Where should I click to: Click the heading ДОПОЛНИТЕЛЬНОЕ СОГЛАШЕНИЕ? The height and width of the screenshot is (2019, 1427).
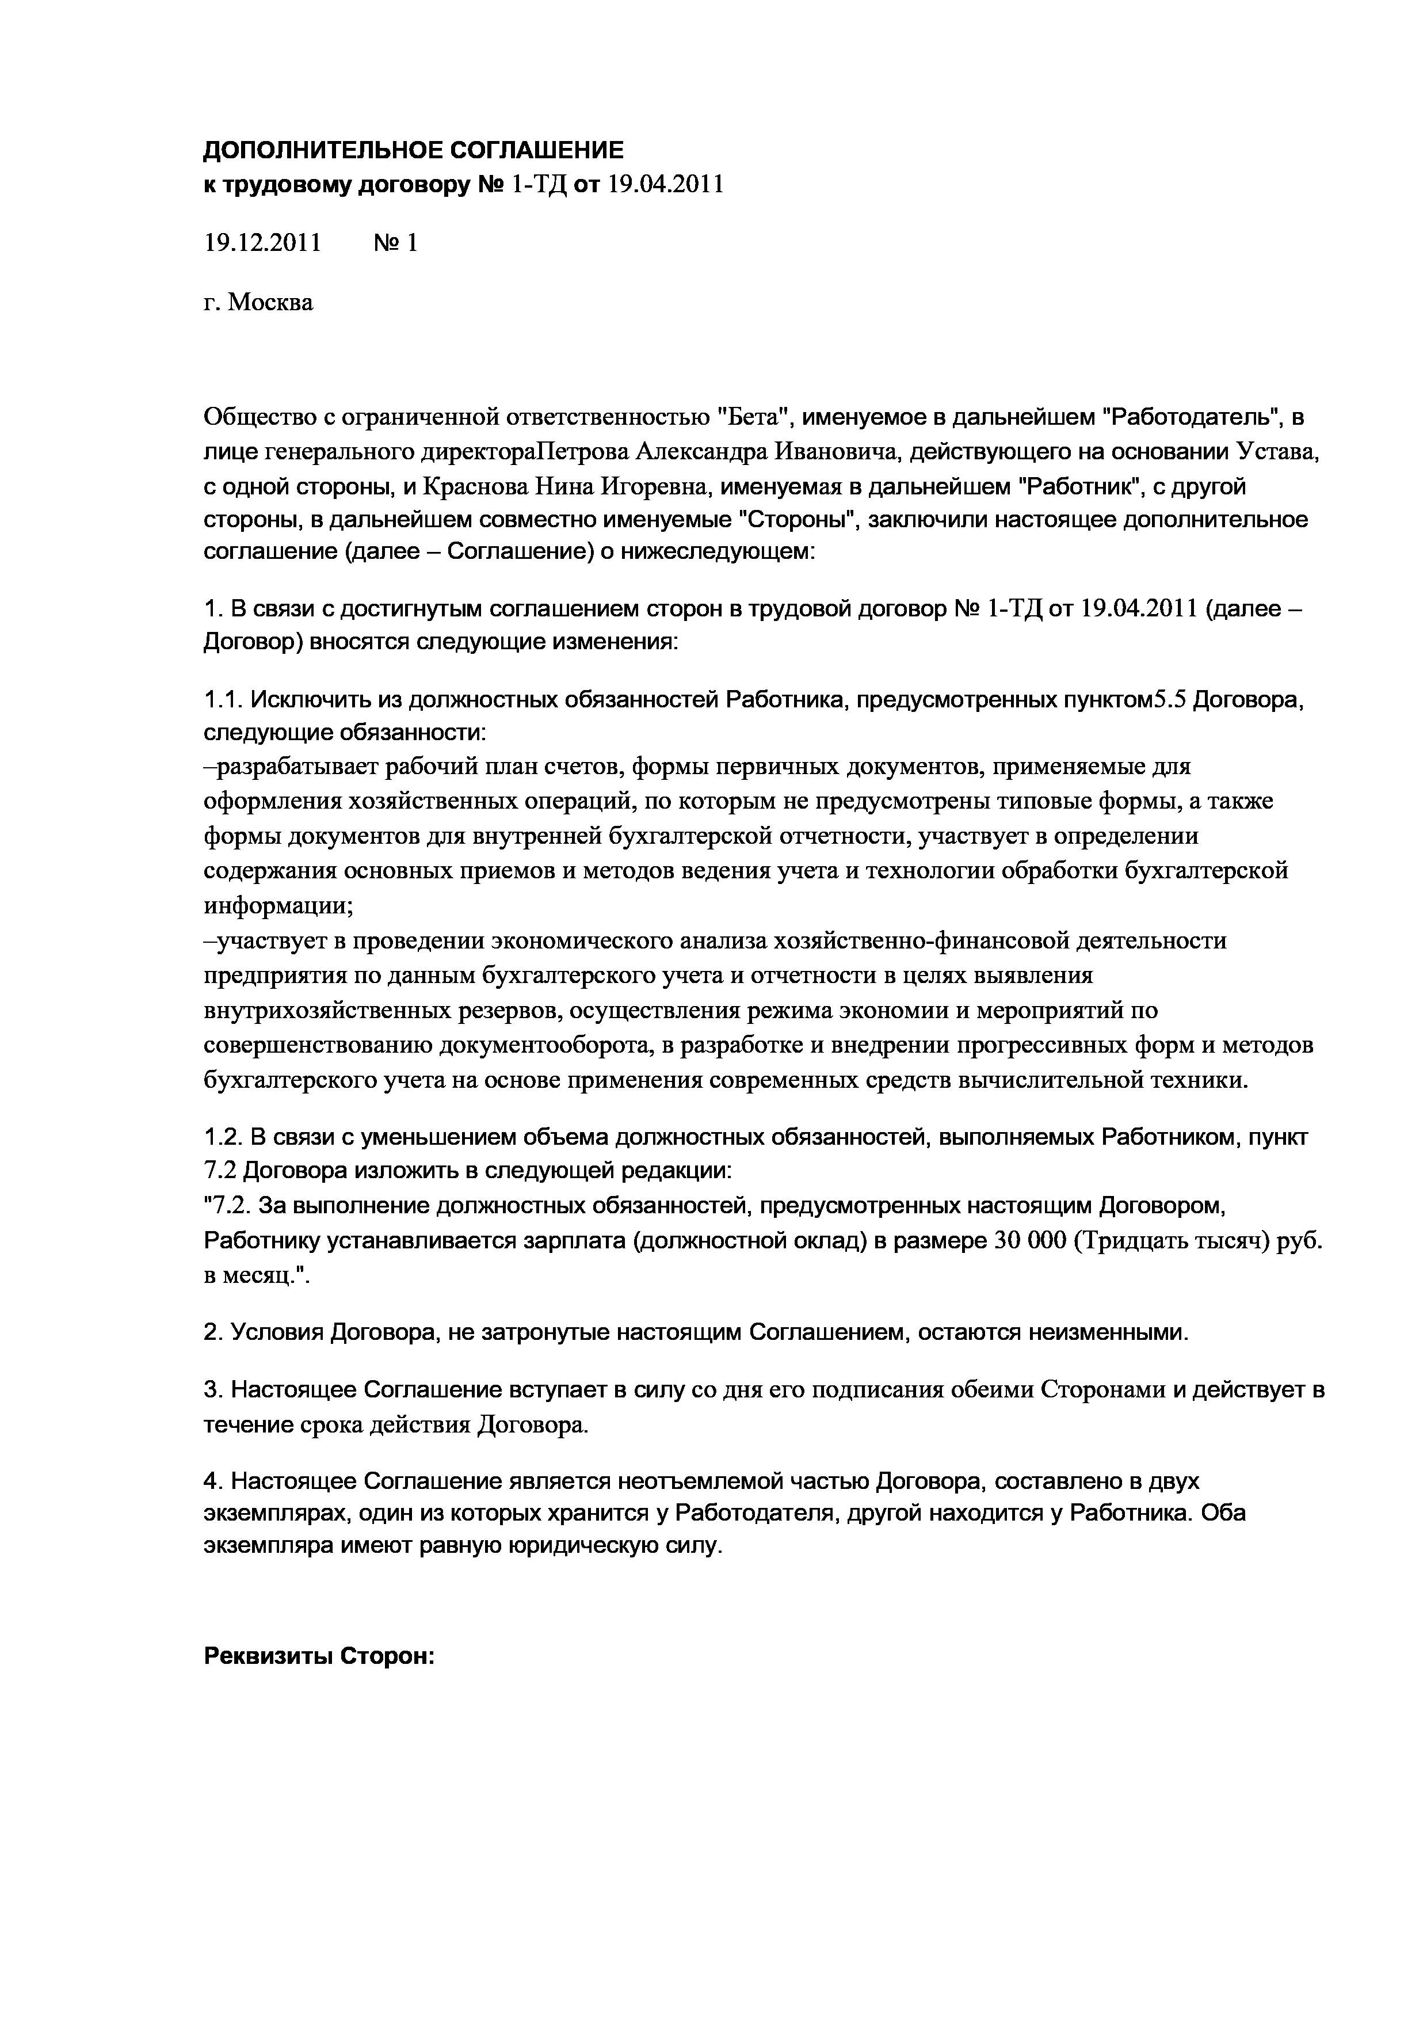413,150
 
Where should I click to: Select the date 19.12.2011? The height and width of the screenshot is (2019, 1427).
262,243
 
